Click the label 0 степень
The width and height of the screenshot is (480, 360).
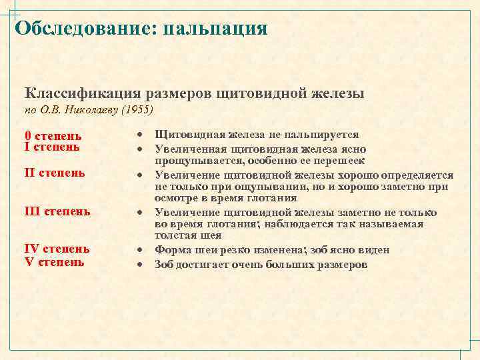[x=53, y=135]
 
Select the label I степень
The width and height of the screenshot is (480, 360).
[x=52, y=147]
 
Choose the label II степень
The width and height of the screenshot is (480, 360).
[x=55, y=173]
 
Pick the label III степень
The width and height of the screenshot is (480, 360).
[x=57, y=211]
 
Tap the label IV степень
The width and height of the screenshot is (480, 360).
[x=57, y=249]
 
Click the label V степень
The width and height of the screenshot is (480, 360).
[x=54, y=261]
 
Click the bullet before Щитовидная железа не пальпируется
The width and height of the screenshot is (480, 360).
[x=142, y=135]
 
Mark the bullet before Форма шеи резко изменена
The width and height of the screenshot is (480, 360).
[x=142, y=251]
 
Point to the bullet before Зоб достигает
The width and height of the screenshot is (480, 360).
[x=142, y=265]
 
